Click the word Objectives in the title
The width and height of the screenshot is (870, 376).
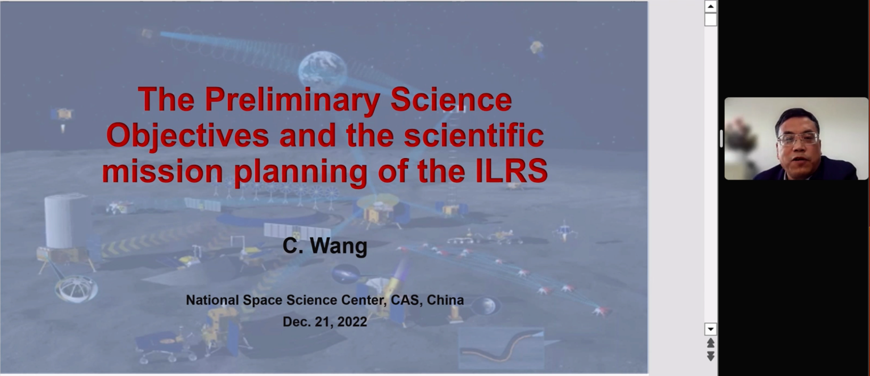coord(187,136)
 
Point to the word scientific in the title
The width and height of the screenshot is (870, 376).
coord(474,135)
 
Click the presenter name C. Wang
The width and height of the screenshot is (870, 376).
coord(325,246)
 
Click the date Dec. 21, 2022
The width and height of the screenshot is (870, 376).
coord(325,322)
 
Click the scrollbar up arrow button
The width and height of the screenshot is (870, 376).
coord(710,6)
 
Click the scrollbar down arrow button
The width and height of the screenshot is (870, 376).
coord(710,329)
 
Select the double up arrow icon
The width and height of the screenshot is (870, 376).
coord(710,342)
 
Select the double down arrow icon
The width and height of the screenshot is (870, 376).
coord(710,356)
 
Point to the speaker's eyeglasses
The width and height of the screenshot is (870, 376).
coord(797,138)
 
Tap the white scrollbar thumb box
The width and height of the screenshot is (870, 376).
coord(710,19)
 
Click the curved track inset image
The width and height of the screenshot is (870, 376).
coord(502,348)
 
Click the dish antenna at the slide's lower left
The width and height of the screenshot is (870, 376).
coord(76,289)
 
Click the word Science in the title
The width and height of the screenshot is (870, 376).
coord(451,100)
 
